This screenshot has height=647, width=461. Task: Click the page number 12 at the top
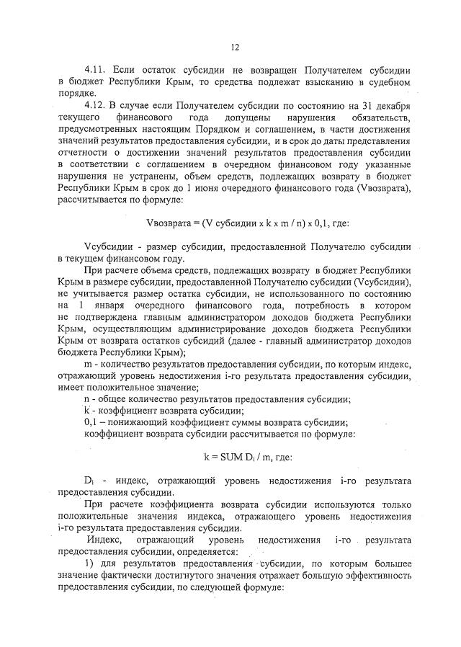click(x=234, y=48)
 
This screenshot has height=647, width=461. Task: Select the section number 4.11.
click(x=97, y=71)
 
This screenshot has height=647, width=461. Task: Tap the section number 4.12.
click(x=97, y=105)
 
